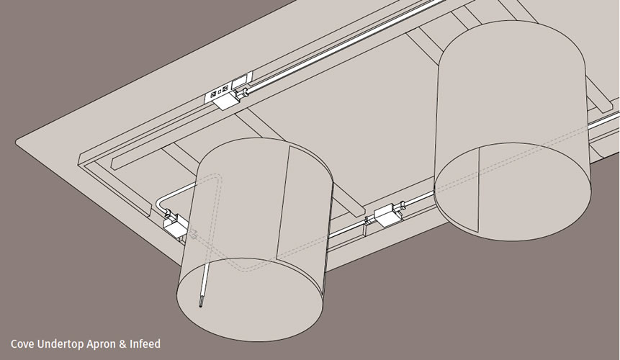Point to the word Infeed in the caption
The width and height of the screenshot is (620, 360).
point(145,343)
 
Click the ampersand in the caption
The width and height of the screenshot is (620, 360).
point(123,343)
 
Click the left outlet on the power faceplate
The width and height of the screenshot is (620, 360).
point(213,94)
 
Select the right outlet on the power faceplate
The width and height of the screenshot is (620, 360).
point(225,89)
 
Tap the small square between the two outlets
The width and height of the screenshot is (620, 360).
point(220,91)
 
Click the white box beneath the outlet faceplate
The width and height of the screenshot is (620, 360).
point(225,102)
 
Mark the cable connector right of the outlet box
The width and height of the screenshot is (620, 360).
point(242,94)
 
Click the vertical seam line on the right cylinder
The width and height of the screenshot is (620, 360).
point(479,188)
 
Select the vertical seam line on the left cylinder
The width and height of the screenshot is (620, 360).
point(284,202)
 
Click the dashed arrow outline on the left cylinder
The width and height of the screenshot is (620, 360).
point(194,234)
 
